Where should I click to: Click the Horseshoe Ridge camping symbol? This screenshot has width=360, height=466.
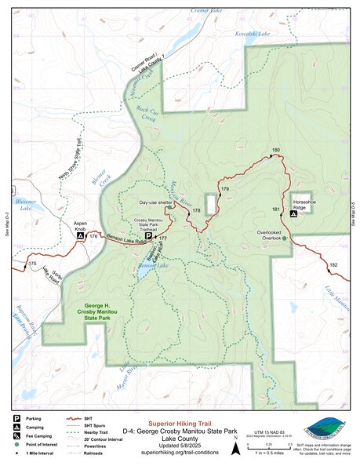(x=293, y=213)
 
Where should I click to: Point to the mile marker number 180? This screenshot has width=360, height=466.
(x=275, y=150)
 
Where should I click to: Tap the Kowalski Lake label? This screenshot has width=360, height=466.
(x=253, y=35)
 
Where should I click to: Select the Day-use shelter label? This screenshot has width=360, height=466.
(x=155, y=202)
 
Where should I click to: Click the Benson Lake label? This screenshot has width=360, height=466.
(x=155, y=266)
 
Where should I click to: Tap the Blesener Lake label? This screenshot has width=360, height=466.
(x=24, y=206)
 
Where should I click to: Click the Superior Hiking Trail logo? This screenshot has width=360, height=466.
(x=323, y=428)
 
